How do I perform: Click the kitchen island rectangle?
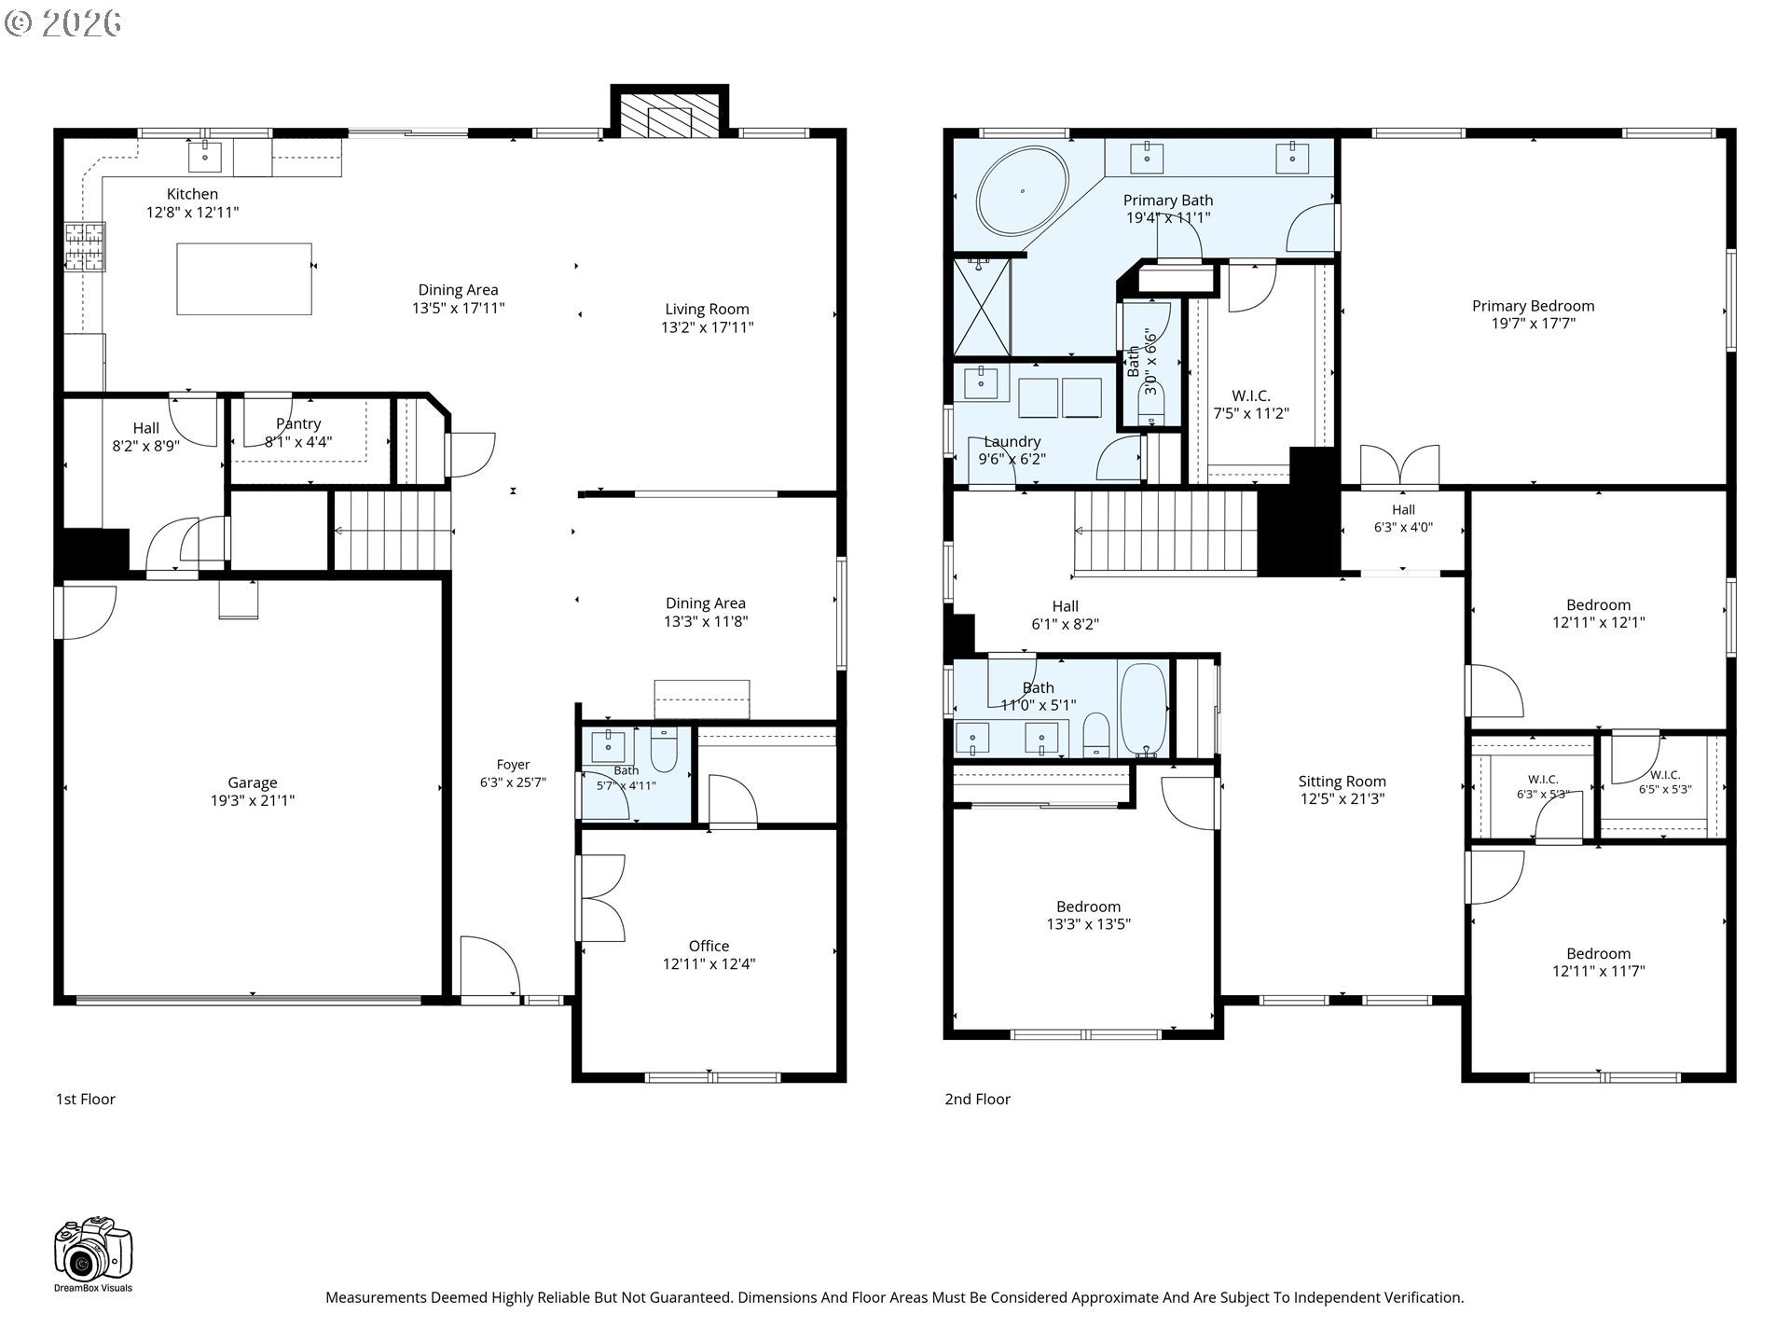click(244, 279)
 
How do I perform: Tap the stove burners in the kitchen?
click(85, 247)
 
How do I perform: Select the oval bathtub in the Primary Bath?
click(1023, 191)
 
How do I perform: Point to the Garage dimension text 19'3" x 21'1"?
click(253, 800)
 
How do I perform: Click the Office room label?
click(709, 946)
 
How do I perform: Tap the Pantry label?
click(298, 424)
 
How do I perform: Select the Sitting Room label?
click(1342, 782)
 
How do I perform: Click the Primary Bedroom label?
click(1533, 306)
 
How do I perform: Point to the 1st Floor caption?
click(86, 1099)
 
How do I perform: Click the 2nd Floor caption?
click(977, 1099)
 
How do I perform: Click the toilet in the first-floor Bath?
click(664, 750)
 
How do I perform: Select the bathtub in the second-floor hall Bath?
click(1143, 709)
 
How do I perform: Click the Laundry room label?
click(1012, 442)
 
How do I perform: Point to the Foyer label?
click(513, 765)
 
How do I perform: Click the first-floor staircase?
click(392, 530)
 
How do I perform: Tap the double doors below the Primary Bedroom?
click(1399, 466)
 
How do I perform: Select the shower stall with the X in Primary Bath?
click(982, 307)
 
